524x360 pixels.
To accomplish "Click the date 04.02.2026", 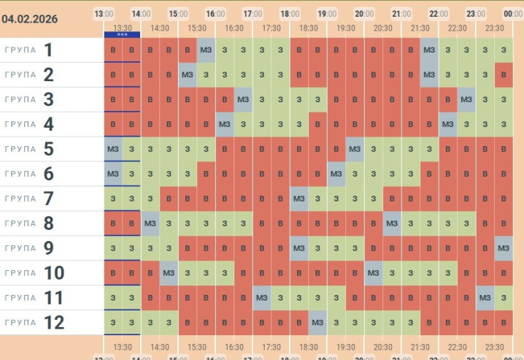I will pos(31,18).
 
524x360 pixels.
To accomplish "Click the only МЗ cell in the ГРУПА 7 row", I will pos(299,199).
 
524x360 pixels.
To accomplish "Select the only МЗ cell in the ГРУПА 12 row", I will pos(317,323).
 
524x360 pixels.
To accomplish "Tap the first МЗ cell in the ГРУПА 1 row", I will pos(206,50).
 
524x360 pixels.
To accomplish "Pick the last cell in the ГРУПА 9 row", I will pos(504,248).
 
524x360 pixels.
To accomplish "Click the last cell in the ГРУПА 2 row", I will pos(504,74).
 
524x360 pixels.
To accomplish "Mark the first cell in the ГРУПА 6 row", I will pos(113,174).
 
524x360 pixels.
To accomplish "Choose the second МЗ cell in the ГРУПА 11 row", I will pos(485,298).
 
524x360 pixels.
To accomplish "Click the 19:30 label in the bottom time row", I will pos(346,347).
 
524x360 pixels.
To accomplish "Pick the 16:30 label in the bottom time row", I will pos(234,347).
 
